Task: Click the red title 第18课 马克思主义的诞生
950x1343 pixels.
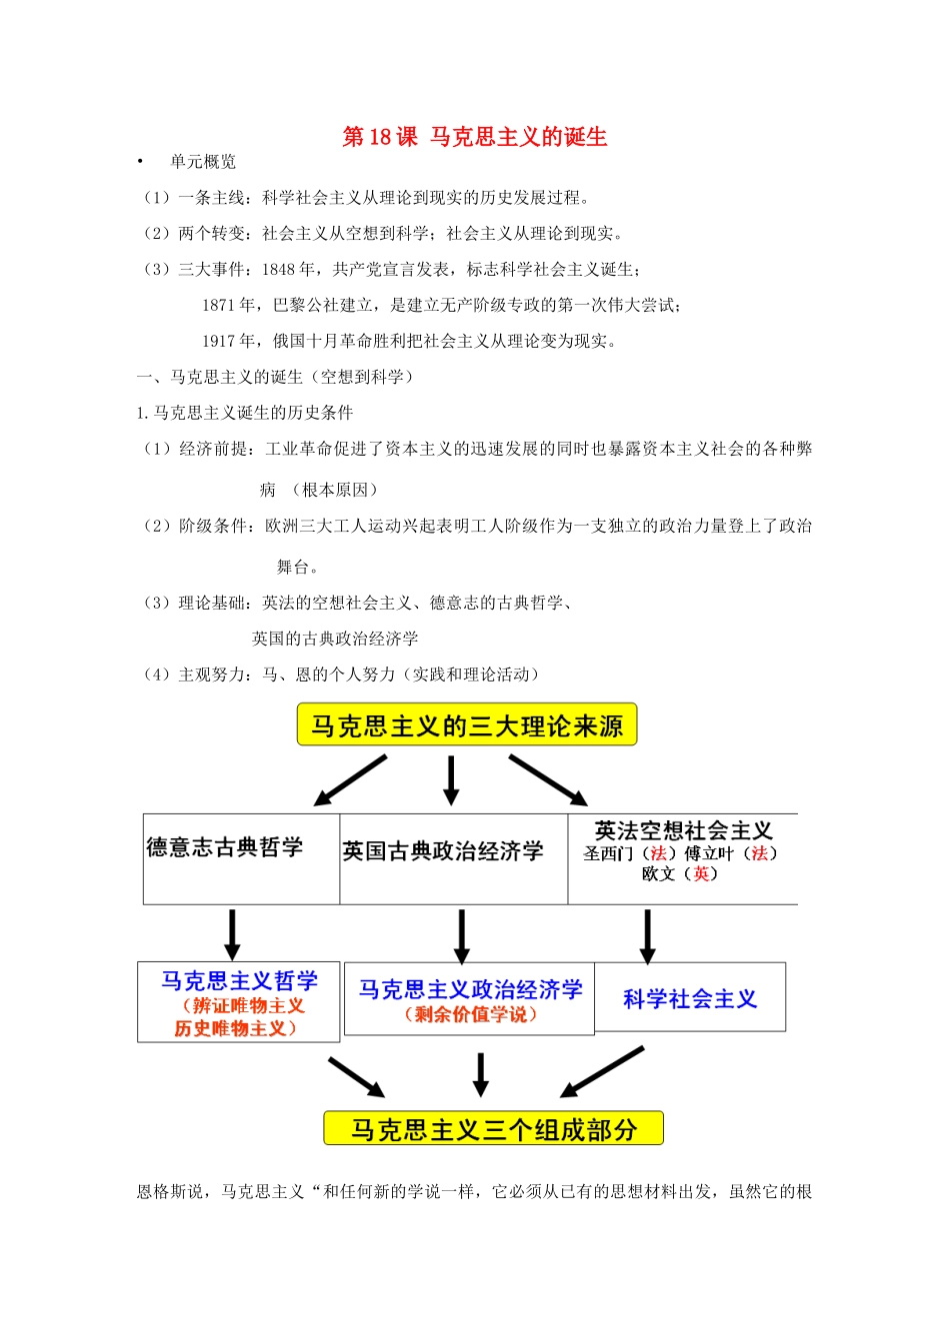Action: [475, 137]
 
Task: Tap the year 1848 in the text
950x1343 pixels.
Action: [279, 269]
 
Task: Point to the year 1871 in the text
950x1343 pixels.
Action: [219, 305]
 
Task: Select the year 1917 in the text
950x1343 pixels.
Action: [219, 341]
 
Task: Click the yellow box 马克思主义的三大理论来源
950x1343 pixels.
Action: [467, 725]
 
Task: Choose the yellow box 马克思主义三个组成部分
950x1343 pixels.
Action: [493, 1129]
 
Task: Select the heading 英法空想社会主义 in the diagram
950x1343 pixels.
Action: [683, 830]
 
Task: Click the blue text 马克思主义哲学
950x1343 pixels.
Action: [239, 980]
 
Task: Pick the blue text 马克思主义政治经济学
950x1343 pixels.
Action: [470, 989]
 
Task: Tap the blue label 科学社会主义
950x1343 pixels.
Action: [690, 998]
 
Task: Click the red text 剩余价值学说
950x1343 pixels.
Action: [470, 1015]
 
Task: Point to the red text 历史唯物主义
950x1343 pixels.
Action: [236, 1028]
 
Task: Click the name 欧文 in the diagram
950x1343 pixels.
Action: [659, 873]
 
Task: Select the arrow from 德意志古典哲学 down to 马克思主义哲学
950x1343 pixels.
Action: [232, 934]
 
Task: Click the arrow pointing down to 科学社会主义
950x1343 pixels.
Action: [647, 936]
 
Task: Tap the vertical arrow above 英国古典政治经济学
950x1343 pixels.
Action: [451, 780]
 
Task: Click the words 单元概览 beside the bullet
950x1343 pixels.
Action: [203, 162]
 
